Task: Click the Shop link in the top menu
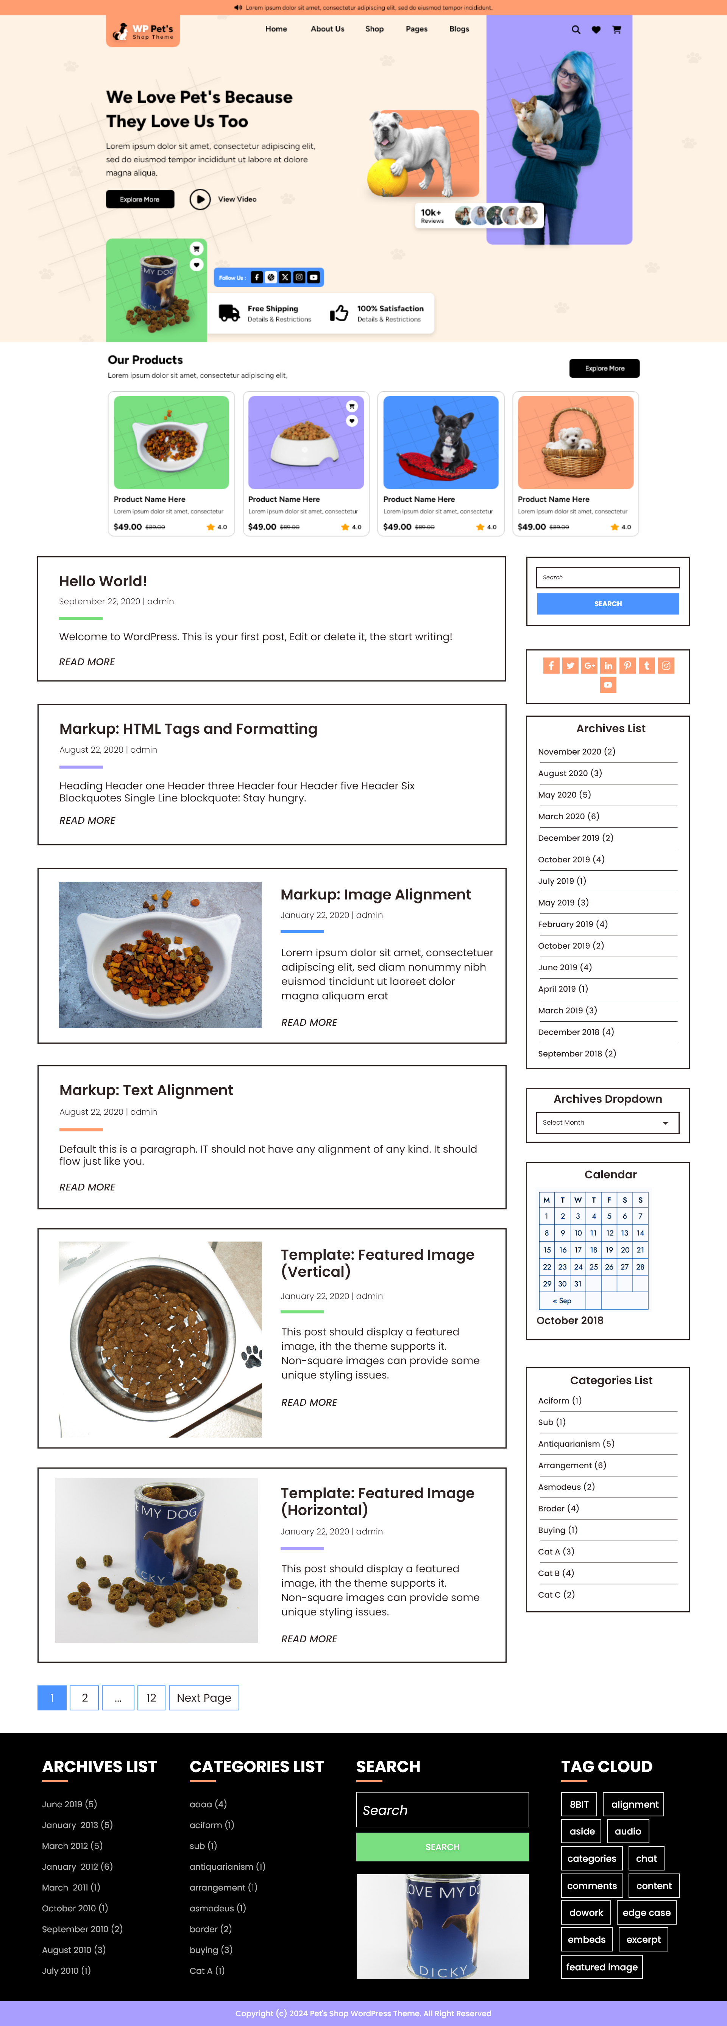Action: coord(374,29)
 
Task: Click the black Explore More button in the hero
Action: coord(140,199)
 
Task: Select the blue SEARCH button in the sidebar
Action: coord(607,604)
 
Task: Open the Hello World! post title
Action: coord(103,581)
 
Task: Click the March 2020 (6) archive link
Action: coord(568,816)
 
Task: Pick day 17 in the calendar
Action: coord(577,1250)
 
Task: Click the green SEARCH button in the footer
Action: coord(442,1847)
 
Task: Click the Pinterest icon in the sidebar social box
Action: coord(627,666)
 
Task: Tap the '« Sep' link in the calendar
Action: coord(562,1301)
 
